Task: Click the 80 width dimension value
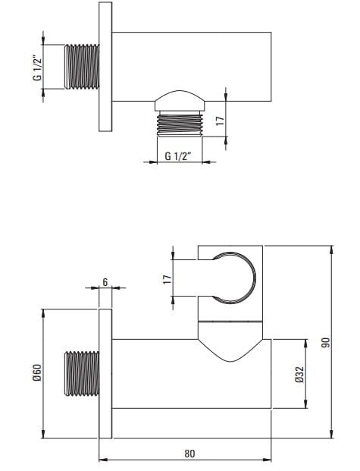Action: [x=189, y=454]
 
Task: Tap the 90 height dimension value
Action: [x=325, y=343]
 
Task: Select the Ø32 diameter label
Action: [x=299, y=374]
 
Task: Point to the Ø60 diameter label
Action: [x=37, y=372]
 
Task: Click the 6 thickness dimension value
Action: [x=105, y=282]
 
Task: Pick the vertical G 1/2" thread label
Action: [x=37, y=68]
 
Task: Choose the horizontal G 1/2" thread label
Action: [x=178, y=156]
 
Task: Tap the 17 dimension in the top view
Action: [x=220, y=121]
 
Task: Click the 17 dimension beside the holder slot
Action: [x=167, y=279]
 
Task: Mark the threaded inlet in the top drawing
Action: [x=82, y=67]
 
